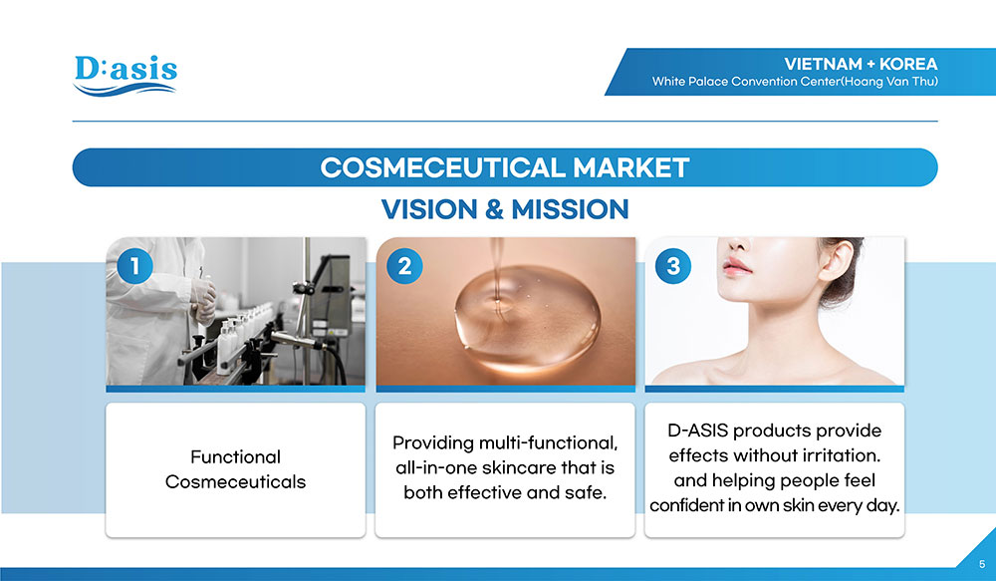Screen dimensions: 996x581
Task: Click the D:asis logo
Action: click(125, 76)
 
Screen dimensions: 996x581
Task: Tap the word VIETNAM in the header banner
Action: click(823, 64)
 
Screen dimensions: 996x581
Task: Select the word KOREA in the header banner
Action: click(908, 64)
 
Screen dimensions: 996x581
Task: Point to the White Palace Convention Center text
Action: click(795, 82)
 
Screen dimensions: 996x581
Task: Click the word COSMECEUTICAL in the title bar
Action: click(442, 167)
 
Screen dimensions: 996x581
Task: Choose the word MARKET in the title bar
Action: click(630, 167)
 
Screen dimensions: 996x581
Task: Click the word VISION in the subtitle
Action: click(428, 209)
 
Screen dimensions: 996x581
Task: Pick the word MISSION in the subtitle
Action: click(570, 209)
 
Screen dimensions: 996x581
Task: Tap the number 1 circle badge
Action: click(134, 266)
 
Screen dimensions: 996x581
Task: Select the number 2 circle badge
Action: click(404, 266)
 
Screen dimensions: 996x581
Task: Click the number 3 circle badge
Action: click(673, 266)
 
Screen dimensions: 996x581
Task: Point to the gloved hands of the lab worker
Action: click(204, 299)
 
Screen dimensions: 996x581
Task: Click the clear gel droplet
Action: click(527, 318)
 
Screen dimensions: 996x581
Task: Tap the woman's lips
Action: click(736, 266)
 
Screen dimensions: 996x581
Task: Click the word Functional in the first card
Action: click(235, 457)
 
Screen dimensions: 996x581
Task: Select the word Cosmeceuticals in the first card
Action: click(235, 481)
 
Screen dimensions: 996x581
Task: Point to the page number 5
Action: click(982, 564)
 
